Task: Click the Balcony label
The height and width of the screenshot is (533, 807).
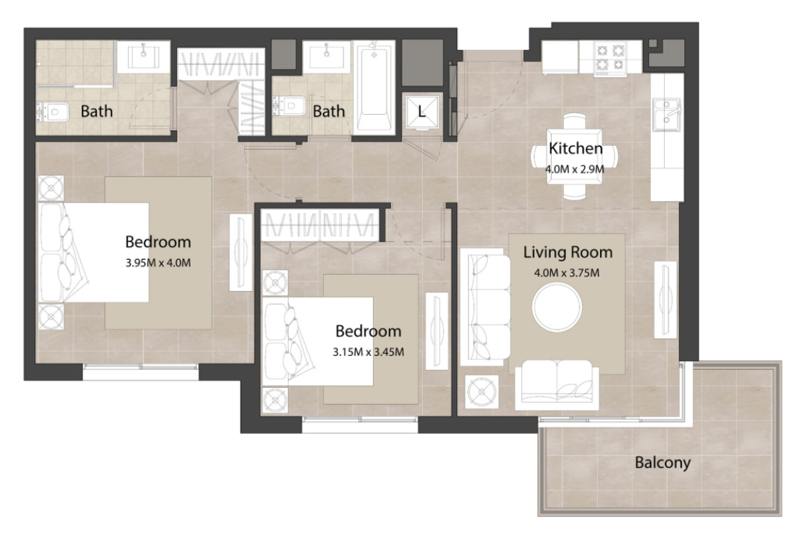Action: tap(663, 462)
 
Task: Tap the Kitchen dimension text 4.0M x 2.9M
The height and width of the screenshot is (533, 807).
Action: tap(575, 169)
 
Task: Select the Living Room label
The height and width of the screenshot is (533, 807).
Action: tap(568, 252)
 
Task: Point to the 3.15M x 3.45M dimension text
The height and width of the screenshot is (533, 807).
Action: tap(368, 352)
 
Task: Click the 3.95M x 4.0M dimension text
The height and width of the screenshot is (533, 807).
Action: tap(158, 263)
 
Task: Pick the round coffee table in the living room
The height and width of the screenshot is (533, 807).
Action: tap(558, 307)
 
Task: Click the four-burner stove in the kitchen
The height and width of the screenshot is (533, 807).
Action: tap(610, 57)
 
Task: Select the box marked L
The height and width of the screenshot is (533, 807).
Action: tap(421, 111)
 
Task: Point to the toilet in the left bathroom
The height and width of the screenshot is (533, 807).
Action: tap(53, 112)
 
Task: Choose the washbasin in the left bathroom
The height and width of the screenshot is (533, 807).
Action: tap(144, 56)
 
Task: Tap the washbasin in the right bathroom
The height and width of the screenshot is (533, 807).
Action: tap(327, 56)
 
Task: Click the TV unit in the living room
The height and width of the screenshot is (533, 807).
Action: tap(665, 300)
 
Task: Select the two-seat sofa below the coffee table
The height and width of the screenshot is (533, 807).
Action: tap(557, 384)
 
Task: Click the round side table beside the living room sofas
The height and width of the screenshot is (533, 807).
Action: tap(482, 392)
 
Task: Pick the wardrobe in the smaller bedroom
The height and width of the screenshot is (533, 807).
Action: tap(319, 224)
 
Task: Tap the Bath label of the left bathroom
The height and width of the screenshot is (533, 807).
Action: tap(97, 111)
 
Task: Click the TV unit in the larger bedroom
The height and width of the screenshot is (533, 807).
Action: tap(240, 252)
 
